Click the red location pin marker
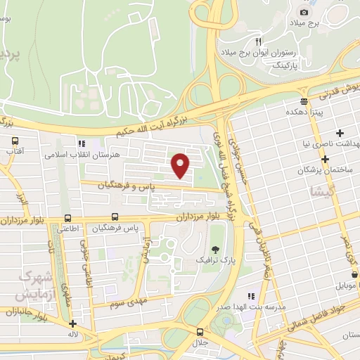tap(181, 165)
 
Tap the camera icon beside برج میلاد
tap(304, 12)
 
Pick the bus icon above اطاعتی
tap(67, 218)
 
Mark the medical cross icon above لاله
tap(73, 324)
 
